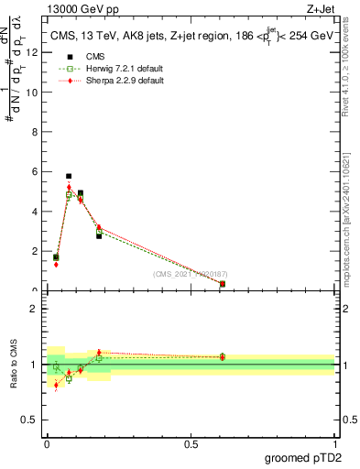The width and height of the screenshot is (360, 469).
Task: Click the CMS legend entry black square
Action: coord(70,57)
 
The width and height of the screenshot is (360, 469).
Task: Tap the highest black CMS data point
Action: coord(69,176)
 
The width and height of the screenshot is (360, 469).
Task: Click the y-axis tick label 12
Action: coord(33,53)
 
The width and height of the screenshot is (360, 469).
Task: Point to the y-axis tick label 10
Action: coord(33,93)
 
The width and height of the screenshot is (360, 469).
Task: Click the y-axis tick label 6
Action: coord(36,172)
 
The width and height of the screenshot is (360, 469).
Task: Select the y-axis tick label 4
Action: coord(36,212)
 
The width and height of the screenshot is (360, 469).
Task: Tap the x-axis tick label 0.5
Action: coord(191,443)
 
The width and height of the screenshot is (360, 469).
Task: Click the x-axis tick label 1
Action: coord(334,443)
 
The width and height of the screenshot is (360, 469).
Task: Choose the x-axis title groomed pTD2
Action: coord(305,457)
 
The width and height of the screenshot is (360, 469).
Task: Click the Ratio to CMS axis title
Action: coord(14,365)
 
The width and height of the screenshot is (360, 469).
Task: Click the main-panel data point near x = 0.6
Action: coord(223,284)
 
